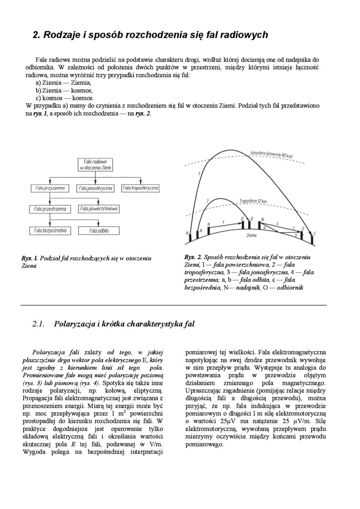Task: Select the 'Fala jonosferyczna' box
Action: coord(96,188)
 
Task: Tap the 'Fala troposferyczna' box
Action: coord(140,188)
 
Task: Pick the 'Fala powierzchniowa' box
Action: coord(99,208)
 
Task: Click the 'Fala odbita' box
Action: coord(99,231)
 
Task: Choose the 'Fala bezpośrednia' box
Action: coord(50,231)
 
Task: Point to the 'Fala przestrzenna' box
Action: coord(50,208)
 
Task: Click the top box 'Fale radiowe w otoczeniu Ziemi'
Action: coord(95,164)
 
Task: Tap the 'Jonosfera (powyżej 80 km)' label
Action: coord(271,154)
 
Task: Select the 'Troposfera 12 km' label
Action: coord(253,201)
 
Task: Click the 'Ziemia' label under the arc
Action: coord(252,234)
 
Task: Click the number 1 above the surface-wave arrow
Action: coord(223,221)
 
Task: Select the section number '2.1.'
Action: coord(38,324)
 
